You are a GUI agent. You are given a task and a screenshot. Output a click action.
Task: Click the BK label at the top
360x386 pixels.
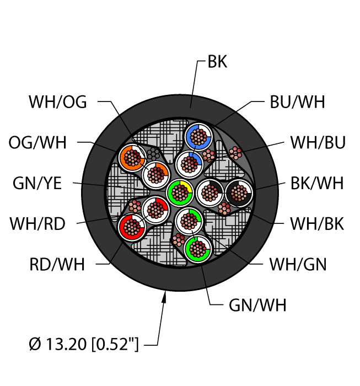(217, 62)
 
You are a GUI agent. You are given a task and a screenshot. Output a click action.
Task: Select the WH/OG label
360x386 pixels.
(58, 102)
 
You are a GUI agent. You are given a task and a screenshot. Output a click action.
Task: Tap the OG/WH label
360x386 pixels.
(37, 142)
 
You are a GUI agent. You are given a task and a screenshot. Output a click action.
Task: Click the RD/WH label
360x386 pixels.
(58, 264)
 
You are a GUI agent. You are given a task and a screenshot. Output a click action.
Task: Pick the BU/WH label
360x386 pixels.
(297, 102)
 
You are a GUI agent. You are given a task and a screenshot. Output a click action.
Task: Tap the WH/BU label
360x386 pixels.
(318, 142)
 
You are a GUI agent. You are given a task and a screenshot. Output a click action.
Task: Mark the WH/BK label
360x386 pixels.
(318, 224)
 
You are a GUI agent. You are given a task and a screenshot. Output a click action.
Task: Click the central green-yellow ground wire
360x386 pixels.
(180, 192)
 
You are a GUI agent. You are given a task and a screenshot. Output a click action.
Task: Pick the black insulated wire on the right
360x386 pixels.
(239, 193)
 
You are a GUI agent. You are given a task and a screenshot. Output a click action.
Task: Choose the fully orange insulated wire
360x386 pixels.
(132, 158)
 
